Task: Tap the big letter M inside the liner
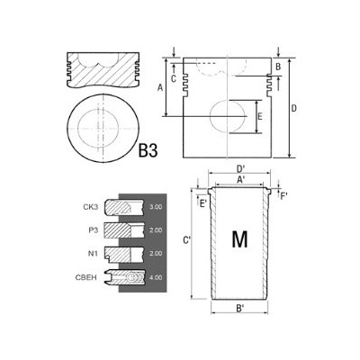pyautogui.click(x=239, y=239)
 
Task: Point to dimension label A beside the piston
pyautogui.click(x=160, y=87)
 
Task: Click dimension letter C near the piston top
pyautogui.click(x=174, y=78)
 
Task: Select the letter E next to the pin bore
pyautogui.click(x=260, y=117)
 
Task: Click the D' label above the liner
pyautogui.click(x=240, y=168)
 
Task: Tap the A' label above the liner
pyautogui.click(x=240, y=180)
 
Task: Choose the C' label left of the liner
pyautogui.click(x=185, y=240)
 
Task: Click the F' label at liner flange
pyautogui.click(x=284, y=194)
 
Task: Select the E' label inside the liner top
pyautogui.click(x=203, y=202)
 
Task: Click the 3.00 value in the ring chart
pyautogui.click(x=156, y=207)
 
